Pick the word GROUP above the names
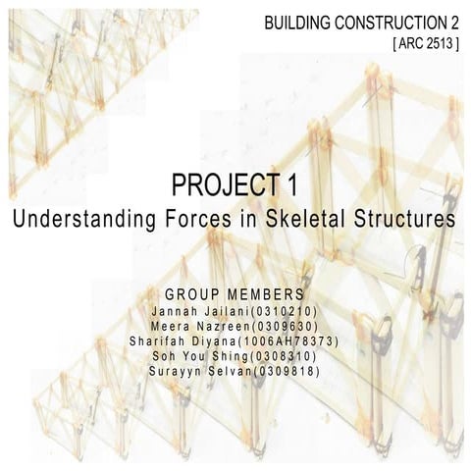pyautogui.click(x=190, y=295)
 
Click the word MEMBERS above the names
pyautogui.click(x=261, y=295)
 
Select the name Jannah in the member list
pyautogui.click(x=176, y=310)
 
